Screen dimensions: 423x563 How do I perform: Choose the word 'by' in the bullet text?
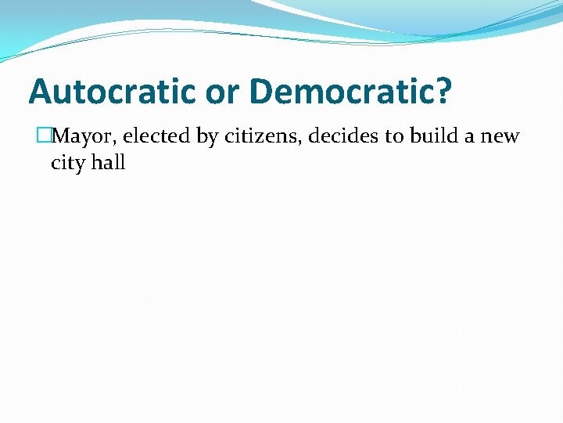click(207, 137)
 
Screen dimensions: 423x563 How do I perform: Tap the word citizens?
click(261, 136)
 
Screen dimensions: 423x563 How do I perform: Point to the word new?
click(500, 138)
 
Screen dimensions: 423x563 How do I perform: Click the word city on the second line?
click(66, 164)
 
